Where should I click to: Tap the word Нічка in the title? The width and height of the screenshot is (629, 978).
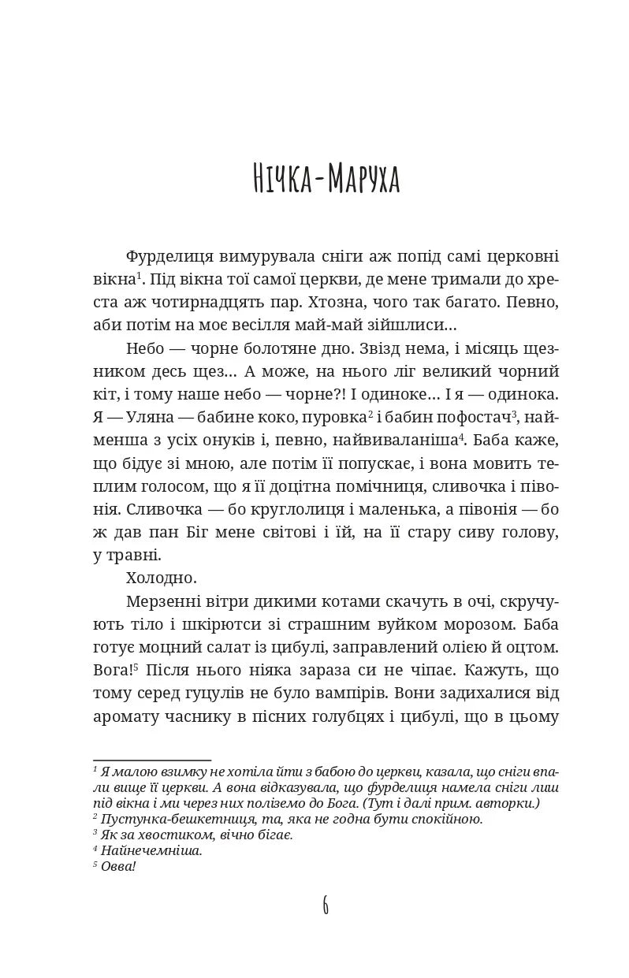[275, 179]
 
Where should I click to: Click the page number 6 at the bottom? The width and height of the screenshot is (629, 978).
[326, 905]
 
